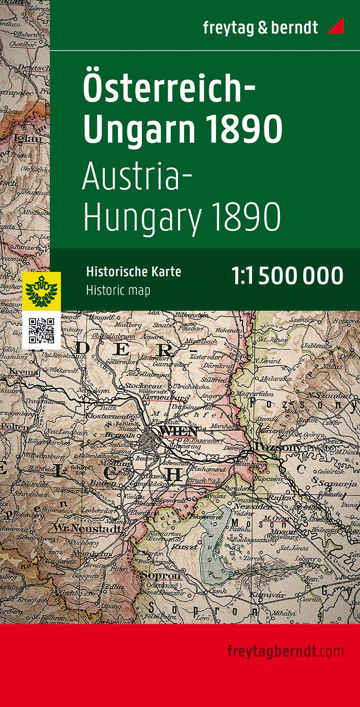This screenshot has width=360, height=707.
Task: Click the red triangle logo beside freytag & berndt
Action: click(337, 27)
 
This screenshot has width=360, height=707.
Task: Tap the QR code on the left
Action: click(42, 330)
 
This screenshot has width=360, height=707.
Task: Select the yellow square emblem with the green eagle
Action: click(42, 291)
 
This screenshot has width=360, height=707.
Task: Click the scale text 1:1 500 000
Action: click(287, 276)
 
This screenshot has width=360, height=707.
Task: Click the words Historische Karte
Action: click(133, 272)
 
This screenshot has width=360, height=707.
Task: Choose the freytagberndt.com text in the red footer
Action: click(285, 651)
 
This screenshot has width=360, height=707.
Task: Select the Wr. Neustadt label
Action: click(88, 528)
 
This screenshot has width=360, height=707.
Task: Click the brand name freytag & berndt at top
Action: click(260, 27)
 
